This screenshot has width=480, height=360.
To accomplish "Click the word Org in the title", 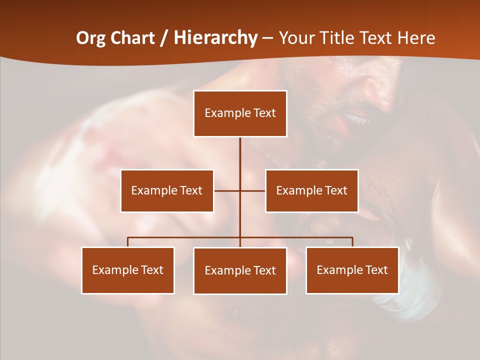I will tap(90, 38).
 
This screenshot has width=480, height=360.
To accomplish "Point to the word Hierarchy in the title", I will tap(215, 38).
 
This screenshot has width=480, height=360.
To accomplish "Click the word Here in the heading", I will tap(416, 38).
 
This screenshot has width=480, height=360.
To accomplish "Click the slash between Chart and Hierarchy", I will tap(164, 38).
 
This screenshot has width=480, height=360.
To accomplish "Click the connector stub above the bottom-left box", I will tap(128, 242).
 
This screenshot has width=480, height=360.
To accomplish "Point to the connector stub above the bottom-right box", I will tap(352, 242).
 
